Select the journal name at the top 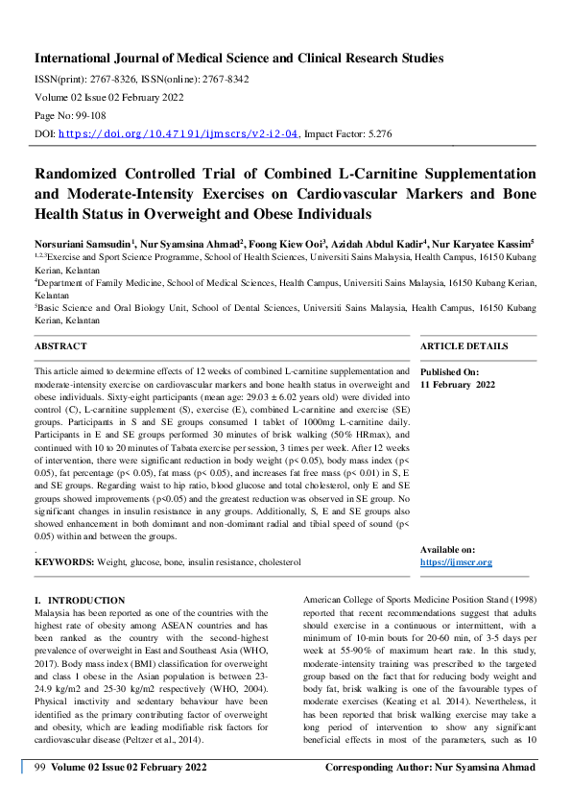239,59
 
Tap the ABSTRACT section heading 60,345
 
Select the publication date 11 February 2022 458,384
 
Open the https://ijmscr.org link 456,561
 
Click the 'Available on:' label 447,549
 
